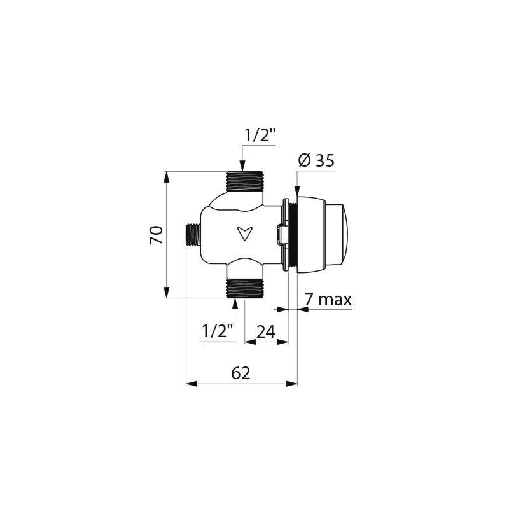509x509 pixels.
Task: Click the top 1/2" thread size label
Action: coord(260,136)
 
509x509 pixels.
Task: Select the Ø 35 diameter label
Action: coord(316,161)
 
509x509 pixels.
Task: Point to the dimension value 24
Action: coord(265,331)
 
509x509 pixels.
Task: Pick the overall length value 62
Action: coord(241,373)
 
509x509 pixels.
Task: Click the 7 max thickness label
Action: coord(328,300)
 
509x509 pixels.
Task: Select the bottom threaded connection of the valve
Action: coord(245,288)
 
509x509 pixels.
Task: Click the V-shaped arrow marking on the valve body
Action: coord(243,234)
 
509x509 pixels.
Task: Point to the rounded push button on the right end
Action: coord(337,234)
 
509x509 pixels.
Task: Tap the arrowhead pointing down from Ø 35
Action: coord(297,189)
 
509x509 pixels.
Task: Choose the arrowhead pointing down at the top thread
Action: coord(242,166)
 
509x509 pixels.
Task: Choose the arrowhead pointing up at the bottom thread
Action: coord(236,303)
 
